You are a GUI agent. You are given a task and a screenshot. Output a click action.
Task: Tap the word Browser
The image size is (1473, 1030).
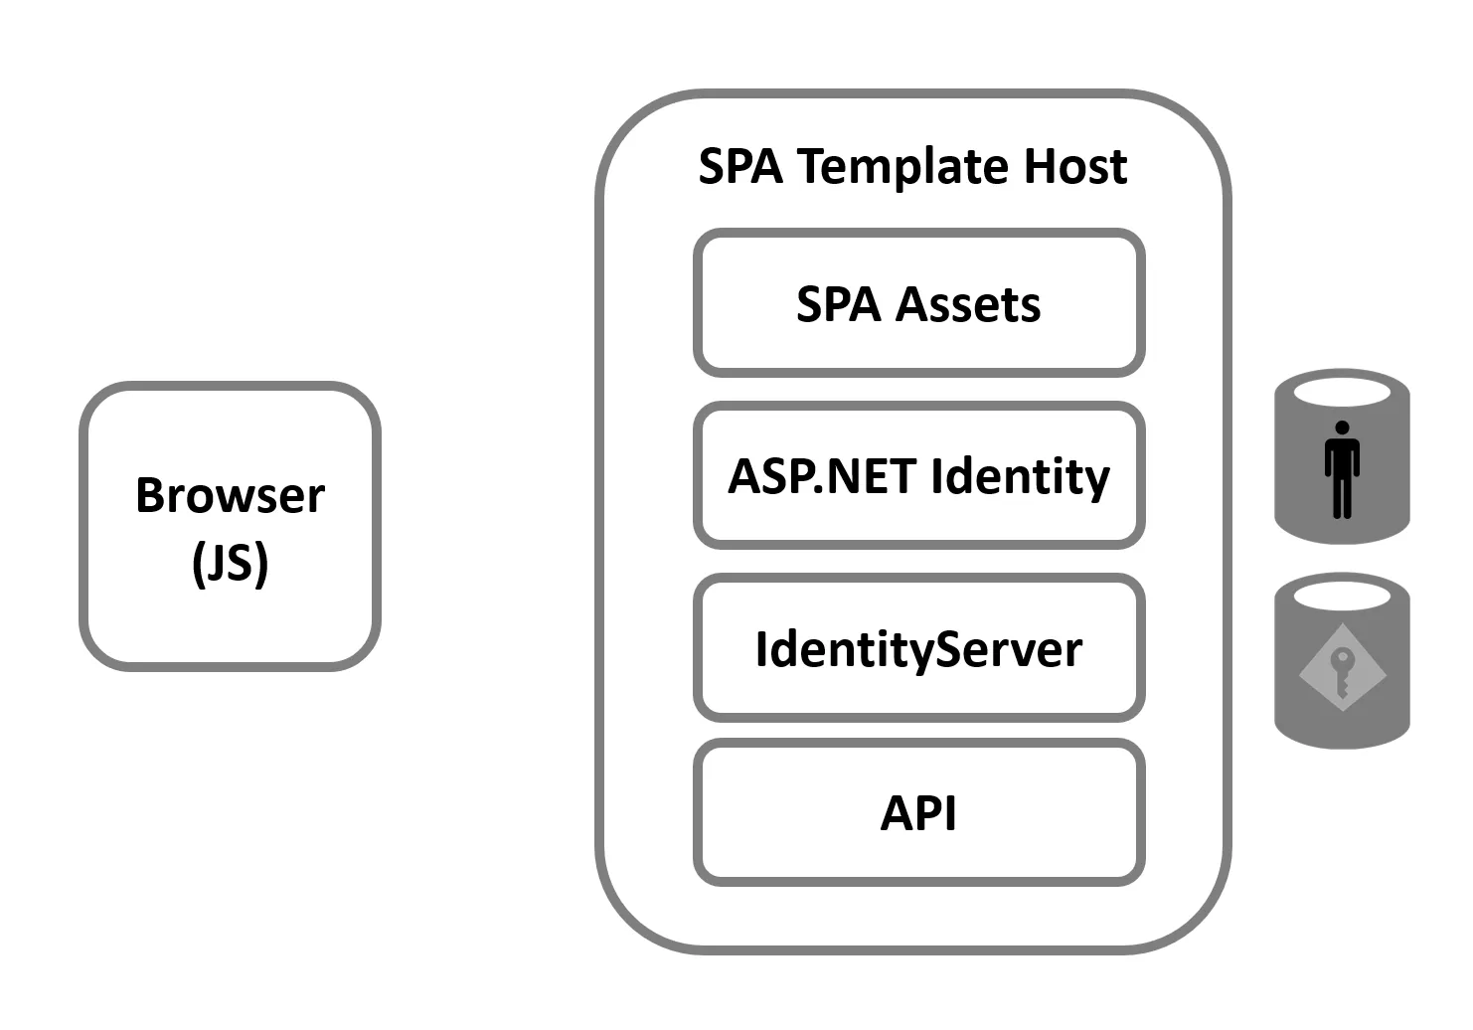pos(230,495)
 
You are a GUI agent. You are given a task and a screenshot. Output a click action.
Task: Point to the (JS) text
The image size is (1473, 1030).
pos(230,563)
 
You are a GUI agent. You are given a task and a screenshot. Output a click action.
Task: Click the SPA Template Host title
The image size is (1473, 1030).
pos(912,166)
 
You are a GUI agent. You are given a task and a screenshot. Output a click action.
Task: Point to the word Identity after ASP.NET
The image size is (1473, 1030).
pos(1021,476)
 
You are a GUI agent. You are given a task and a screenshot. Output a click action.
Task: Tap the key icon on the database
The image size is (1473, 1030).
pos(1342,671)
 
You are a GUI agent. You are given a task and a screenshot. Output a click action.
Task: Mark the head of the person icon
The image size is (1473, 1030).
pos(1342,429)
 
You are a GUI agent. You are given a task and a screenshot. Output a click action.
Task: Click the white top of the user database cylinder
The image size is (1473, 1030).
pos(1342,392)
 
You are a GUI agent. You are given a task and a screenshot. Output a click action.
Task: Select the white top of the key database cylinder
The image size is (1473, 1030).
pos(1342,596)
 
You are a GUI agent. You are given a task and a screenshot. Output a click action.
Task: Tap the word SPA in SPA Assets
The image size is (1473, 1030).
pos(839,304)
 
